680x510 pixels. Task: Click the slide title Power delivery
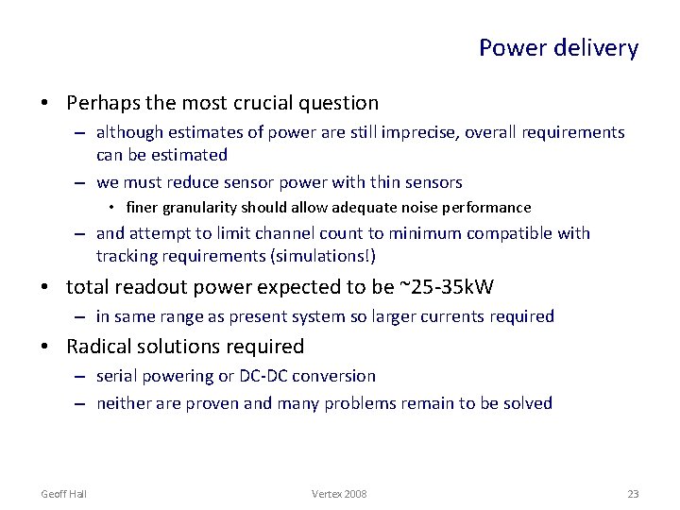[x=558, y=48]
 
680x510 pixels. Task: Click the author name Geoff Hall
[x=64, y=494]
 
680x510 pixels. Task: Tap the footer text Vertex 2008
[x=339, y=494]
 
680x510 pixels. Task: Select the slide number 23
[x=633, y=494]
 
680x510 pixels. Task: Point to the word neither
[x=124, y=403]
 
